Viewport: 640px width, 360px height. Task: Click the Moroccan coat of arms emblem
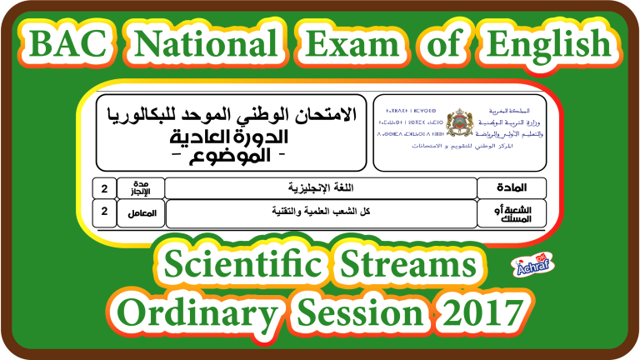point(458,123)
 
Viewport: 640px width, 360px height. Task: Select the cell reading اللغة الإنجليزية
point(320,188)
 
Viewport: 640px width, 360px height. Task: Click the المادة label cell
point(511,188)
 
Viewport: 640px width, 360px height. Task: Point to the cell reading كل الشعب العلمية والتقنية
point(320,212)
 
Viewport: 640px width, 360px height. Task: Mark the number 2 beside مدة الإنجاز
point(104,188)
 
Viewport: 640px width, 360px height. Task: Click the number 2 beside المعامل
point(104,212)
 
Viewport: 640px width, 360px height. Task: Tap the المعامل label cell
point(140,213)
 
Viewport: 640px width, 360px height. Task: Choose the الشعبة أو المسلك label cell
point(511,213)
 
